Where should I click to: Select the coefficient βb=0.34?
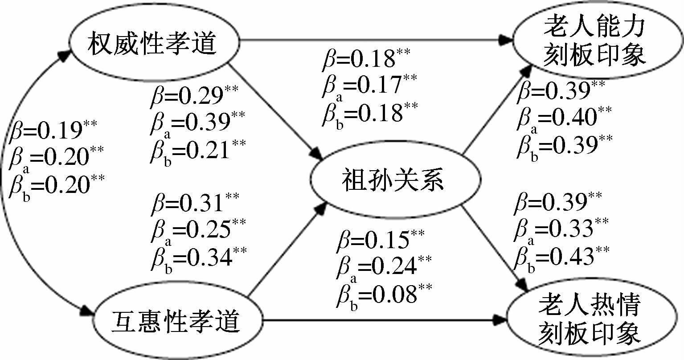tap(198, 258)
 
